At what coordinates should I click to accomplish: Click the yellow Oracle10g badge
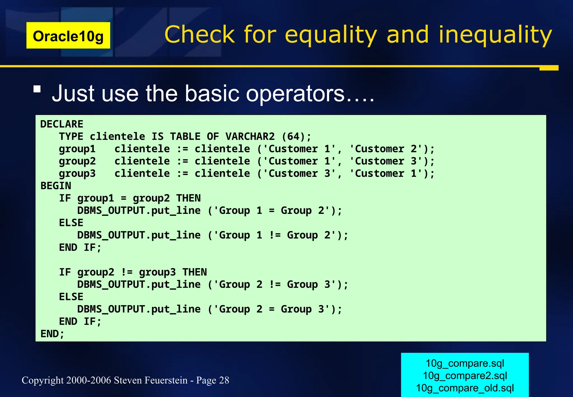pos(68,36)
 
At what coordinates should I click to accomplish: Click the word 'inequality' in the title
pos(495,35)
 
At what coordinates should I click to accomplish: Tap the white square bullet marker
pos(37,89)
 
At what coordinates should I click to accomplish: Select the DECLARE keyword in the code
pos(62,124)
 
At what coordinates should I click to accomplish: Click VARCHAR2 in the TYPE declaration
pos(250,136)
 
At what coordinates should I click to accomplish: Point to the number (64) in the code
pos(293,136)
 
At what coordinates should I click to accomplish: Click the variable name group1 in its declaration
pos(77,149)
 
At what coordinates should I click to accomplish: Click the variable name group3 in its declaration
pos(77,173)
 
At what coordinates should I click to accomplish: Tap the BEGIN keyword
pos(56,186)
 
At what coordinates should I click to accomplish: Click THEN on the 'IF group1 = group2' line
pos(188,198)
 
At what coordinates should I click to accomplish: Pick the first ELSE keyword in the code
pos(71,223)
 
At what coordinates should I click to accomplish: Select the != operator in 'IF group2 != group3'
pos(127,272)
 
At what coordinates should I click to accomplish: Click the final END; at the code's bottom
pos(52,333)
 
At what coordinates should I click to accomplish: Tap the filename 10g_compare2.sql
pos(465,375)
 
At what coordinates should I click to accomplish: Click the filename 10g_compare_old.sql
pos(465,388)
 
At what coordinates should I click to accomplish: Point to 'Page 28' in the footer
pos(213,380)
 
